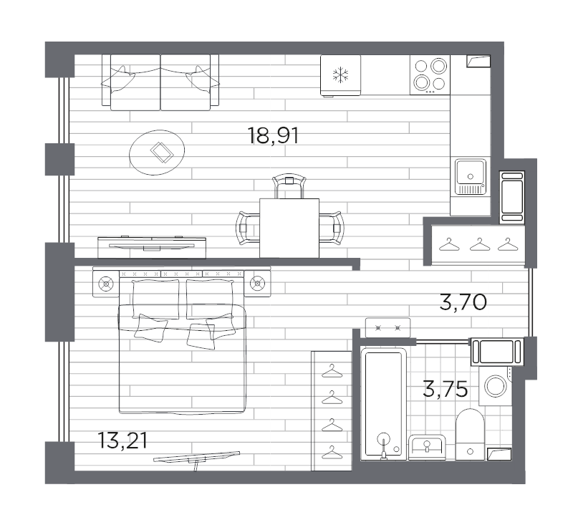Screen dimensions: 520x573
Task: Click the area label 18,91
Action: [273, 135]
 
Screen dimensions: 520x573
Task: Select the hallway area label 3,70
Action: [463, 303]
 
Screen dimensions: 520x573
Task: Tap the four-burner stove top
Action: [430, 74]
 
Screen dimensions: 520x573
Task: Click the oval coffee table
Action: [158, 151]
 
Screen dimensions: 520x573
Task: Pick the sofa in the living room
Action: [160, 82]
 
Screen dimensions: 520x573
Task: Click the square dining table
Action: [289, 227]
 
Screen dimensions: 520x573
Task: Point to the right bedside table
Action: [256, 284]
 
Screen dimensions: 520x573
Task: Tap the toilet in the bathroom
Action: [471, 434]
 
